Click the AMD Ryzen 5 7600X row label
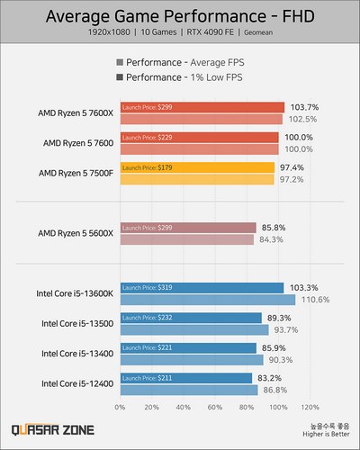(74, 113)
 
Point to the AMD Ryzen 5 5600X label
(74, 233)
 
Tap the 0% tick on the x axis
(120, 407)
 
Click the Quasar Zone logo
(57, 430)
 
